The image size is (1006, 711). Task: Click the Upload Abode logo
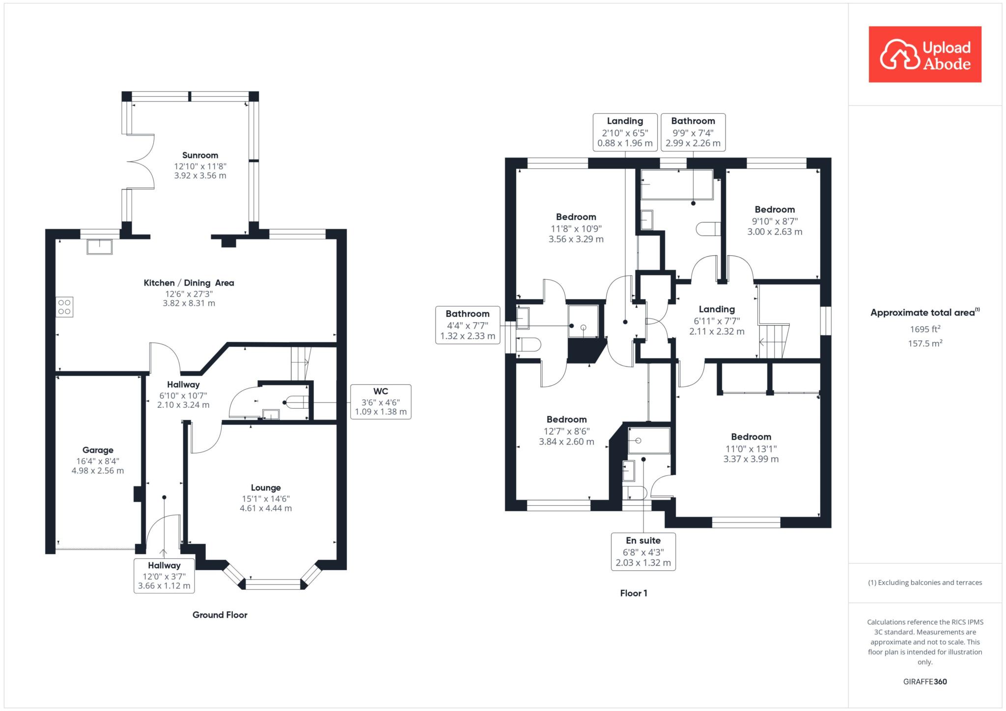point(925,54)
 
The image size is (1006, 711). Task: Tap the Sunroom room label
point(200,156)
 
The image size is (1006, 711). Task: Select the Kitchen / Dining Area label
point(189,283)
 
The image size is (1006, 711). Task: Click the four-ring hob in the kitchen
point(64,307)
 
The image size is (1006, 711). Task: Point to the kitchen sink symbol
point(99,246)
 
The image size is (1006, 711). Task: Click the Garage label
point(98,450)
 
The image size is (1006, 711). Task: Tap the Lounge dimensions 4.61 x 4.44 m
point(266,508)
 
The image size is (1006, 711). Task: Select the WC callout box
point(381,401)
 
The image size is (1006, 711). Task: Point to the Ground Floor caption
point(220,615)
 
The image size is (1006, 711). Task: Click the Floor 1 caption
point(634,593)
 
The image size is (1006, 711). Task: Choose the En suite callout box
point(643,552)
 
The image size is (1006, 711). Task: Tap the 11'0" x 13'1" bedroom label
point(751,448)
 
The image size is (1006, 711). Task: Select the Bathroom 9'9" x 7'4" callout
point(693,132)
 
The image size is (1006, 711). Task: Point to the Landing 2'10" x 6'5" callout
point(625,132)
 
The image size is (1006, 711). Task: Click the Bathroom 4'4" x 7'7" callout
point(468,325)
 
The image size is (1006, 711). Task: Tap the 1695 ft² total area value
point(925,329)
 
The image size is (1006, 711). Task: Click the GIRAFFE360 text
point(925,682)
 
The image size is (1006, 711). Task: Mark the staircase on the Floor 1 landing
point(774,341)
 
